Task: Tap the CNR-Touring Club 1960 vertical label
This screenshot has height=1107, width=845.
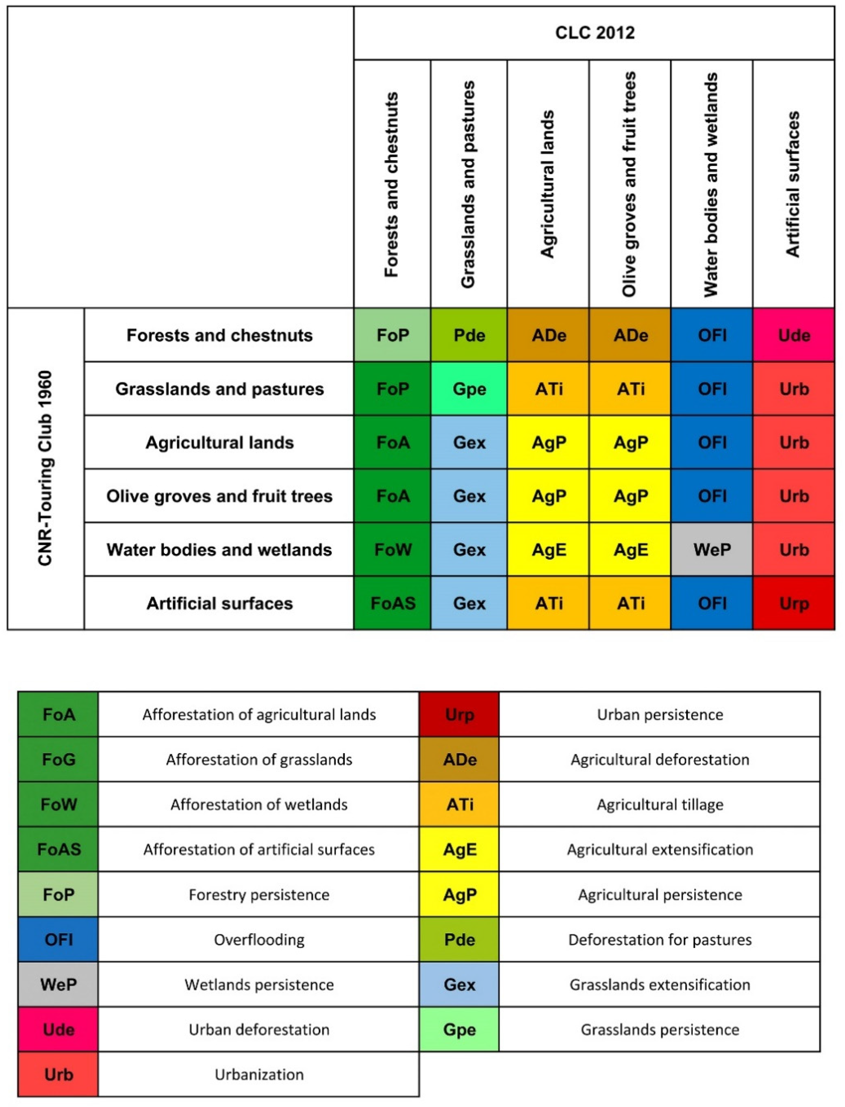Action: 45,468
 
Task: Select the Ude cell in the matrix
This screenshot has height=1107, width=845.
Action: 794,335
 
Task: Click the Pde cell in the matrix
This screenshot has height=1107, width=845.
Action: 469,335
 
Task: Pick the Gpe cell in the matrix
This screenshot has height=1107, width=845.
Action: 469,389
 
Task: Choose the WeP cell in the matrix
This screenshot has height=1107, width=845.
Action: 712,550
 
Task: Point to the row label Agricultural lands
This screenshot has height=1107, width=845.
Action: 219,443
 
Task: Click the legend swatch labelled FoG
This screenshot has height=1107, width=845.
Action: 58,759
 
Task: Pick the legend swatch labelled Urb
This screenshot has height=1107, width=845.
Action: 58,1074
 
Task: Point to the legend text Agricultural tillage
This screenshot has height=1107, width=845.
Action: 660,805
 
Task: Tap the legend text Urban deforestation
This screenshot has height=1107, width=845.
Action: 259,1030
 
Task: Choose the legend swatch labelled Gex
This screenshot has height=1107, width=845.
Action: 459,984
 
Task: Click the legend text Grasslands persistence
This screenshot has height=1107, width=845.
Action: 660,1030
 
